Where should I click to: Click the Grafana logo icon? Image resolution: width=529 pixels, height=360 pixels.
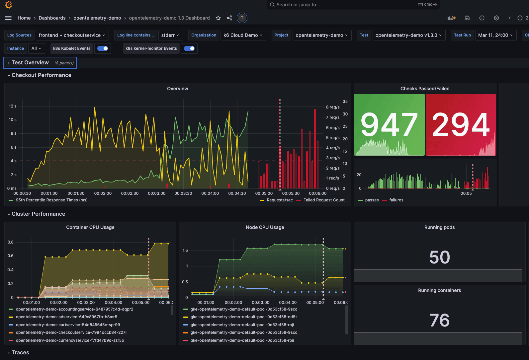(x=9, y=5)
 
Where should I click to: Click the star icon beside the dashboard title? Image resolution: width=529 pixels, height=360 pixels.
(x=218, y=18)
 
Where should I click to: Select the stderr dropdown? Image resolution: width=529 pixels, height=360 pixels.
(x=170, y=35)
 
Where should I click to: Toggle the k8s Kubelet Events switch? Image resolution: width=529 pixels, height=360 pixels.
(x=103, y=48)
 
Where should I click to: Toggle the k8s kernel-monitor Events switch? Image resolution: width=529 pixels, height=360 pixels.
(x=189, y=48)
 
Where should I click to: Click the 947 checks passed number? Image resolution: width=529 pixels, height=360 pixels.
(x=389, y=125)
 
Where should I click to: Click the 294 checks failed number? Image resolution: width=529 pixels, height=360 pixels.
(x=461, y=125)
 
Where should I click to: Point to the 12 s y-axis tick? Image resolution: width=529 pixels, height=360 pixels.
(x=13, y=106)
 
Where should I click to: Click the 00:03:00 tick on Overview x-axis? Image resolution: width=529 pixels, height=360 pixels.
(x=156, y=193)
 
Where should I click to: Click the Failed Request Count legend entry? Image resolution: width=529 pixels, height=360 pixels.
(x=324, y=200)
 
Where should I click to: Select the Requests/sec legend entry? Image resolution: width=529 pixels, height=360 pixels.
(x=280, y=200)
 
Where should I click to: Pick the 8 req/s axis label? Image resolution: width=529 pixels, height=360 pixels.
(x=333, y=107)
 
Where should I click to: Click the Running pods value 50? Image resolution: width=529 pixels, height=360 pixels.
(x=439, y=257)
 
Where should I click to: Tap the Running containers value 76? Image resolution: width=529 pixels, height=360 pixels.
(x=439, y=320)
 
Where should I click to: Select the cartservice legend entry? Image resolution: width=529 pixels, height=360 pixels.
(x=68, y=325)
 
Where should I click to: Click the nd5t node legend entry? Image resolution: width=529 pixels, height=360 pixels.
(x=243, y=317)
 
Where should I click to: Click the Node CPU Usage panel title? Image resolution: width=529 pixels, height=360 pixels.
(x=265, y=227)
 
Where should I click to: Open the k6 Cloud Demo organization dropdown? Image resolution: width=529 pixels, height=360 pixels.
(x=243, y=35)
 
